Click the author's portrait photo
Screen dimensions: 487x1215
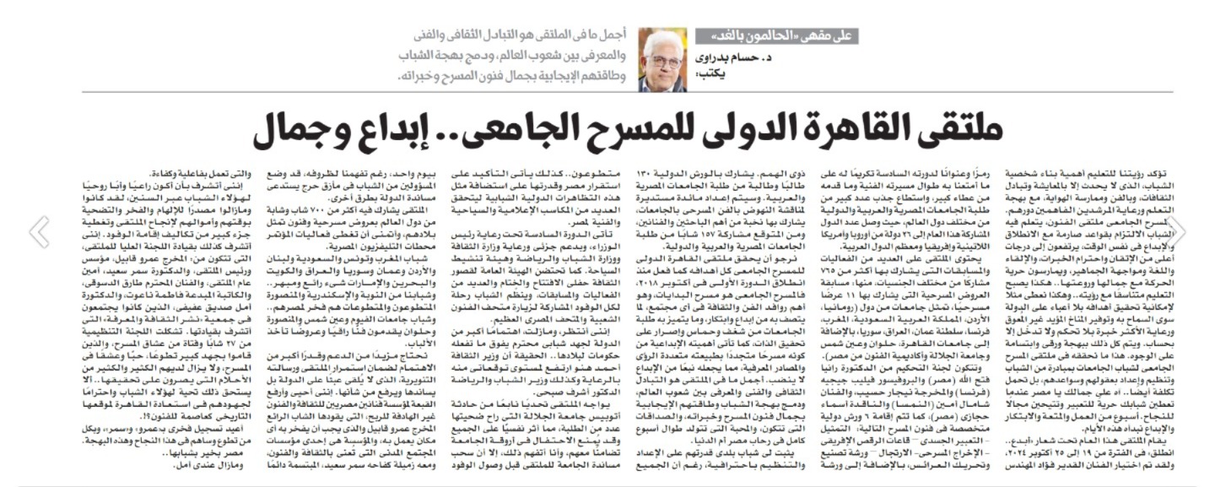[662, 60]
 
